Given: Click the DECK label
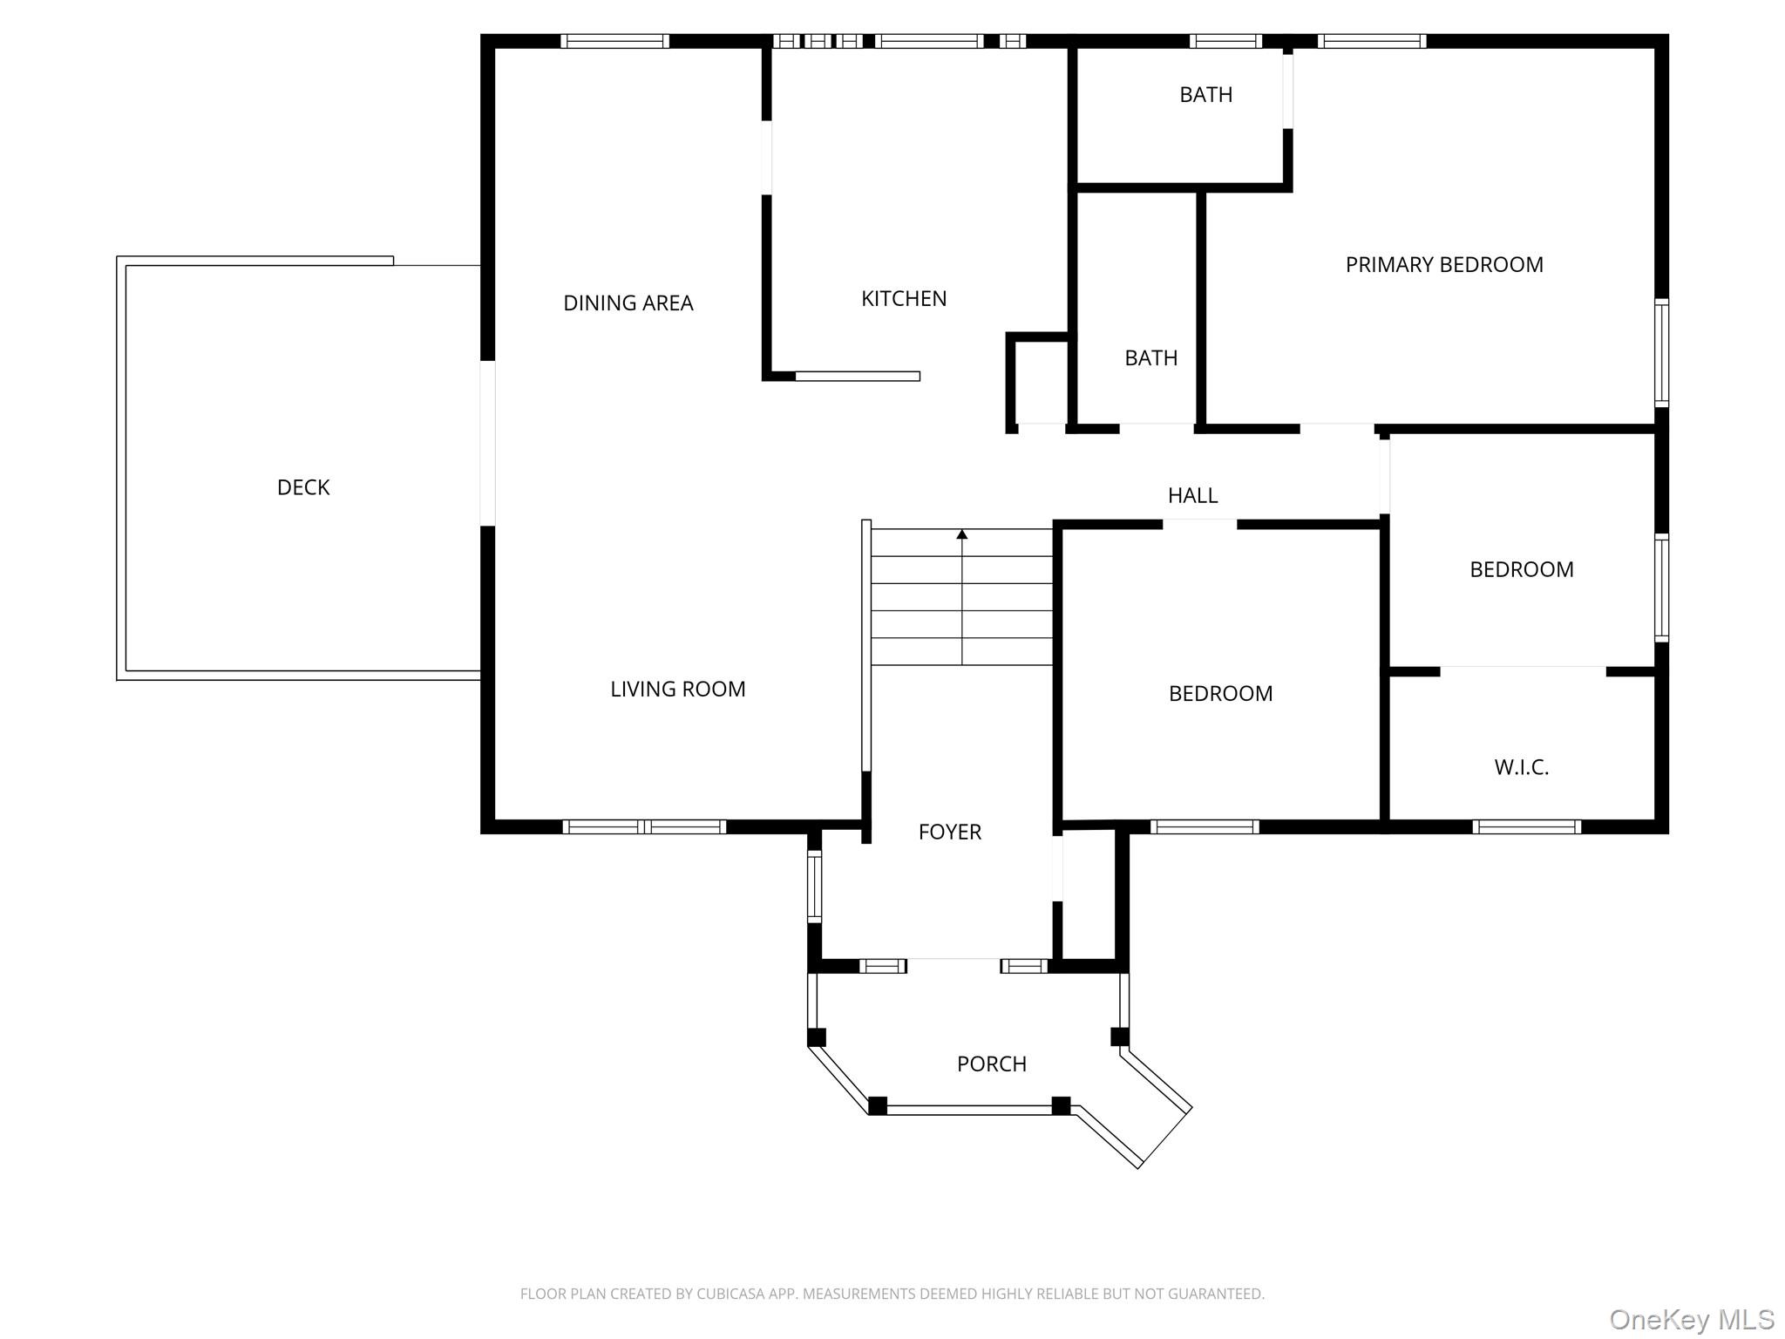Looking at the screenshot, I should (303, 487).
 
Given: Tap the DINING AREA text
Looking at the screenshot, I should (628, 303).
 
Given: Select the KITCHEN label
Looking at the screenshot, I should (904, 299).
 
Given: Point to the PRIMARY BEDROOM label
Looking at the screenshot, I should (1443, 265).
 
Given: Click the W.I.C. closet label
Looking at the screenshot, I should (1521, 767).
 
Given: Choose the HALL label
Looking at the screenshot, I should (1192, 495).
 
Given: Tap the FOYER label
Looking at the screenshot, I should (949, 832).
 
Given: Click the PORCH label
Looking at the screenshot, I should (991, 1064).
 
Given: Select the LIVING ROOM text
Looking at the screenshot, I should (677, 690).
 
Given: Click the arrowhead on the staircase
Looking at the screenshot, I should (962, 534).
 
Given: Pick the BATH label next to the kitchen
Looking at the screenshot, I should (1150, 358).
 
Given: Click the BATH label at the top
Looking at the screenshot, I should (1205, 95).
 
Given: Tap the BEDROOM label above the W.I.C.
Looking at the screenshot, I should (1521, 569).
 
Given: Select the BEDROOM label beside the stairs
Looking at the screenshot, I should (1220, 694).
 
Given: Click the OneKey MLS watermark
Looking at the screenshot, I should (1691, 1319).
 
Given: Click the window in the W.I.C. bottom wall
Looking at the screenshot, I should (1526, 826).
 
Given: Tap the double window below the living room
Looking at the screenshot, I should (644, 826).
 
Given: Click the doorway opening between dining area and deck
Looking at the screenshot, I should (488, 443).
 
